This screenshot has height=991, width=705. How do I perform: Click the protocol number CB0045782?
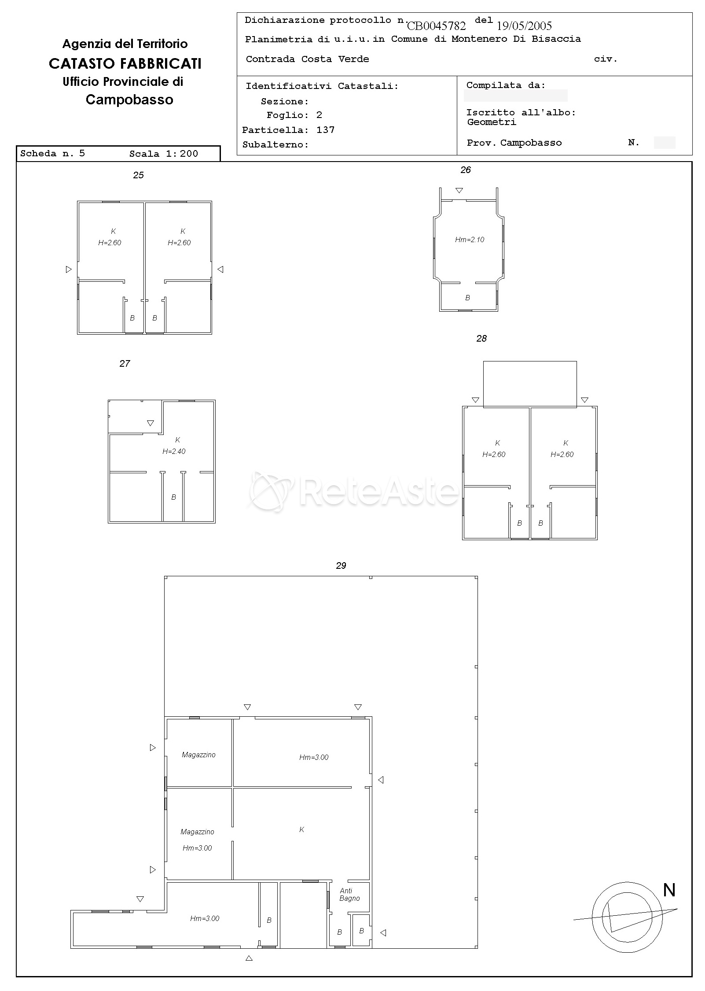pyautogui.click(x=436, y=26)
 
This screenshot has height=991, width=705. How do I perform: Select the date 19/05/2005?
pyautogui.click(x=524, y=26)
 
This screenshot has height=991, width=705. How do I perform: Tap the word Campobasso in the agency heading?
pyautogui.click(x=129, y=100)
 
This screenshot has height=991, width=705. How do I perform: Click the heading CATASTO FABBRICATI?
pyautogui.click(x=125, y=64)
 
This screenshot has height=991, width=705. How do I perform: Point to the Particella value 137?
pyautogui.click(x=326, y=130)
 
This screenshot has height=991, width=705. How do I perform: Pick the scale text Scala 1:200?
pyautogui.click(x=164, y=154)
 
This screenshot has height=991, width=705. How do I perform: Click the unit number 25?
pyautogui.click(x=138, y=175)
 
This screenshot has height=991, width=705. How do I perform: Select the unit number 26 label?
pyautogui.click(x=466, y=170)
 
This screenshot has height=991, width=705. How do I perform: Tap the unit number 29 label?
pyautogui.click(x=341, y=566)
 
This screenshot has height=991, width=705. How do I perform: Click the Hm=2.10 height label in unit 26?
pyautogui.click(x=470, y=240)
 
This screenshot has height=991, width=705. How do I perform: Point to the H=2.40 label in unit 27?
pyautogui.click(x=174, y=451)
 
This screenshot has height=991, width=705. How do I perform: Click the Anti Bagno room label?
pyautogui.click(x=349, y=895)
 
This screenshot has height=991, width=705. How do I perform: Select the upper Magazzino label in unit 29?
pyautogui.click(x=198, y=755)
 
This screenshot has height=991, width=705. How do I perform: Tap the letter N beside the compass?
pyautogui.click(x=669, y=890)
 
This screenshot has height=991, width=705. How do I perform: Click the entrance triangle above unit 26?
pyautogui.click(x=459, y=191)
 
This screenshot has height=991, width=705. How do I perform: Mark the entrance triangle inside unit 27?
pyautogui.click(x=151, y=423)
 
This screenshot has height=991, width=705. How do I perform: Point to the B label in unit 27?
pyautogui.click(x=173, y=497)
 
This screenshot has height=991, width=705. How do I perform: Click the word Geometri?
pyautogui.click(x=492, y=122)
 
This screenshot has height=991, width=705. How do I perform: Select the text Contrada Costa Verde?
pyautogui.click(x=307, y=59)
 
